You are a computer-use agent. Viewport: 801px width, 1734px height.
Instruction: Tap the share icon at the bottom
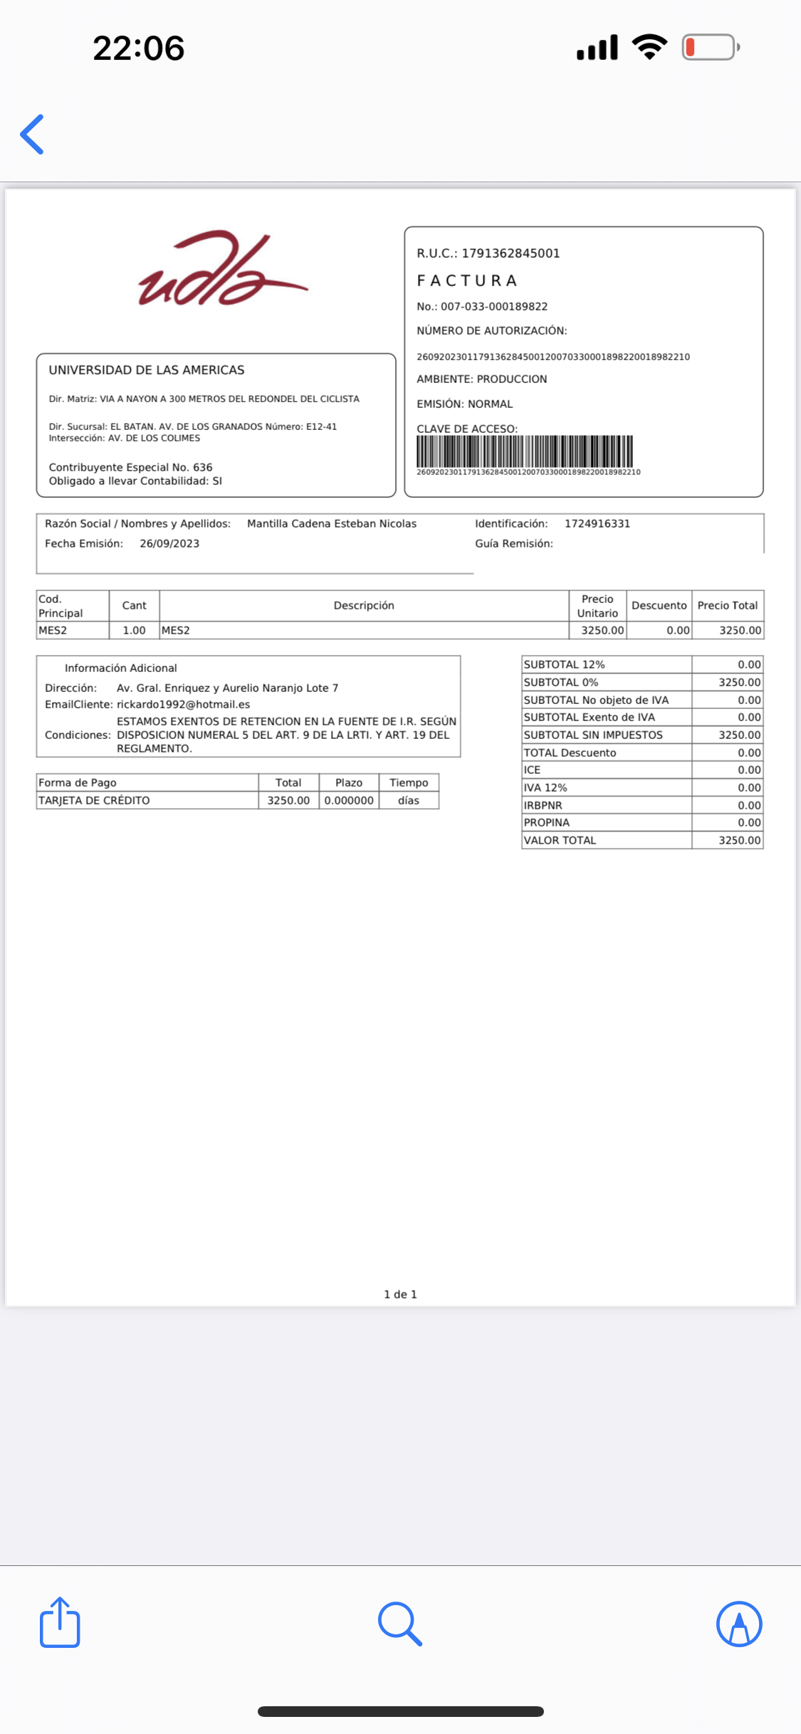click(x=60, y=1623)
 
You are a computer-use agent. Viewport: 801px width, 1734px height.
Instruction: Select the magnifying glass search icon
click(x=400, y=1624)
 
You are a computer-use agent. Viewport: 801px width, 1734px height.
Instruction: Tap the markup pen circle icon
click(x=739, y=1624)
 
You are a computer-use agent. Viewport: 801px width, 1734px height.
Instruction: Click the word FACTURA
click(x=467, y=280)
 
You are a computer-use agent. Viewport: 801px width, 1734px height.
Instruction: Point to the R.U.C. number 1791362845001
click(x=511, y=253)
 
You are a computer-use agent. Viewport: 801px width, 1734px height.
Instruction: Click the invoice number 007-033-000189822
click(x=494, y=307)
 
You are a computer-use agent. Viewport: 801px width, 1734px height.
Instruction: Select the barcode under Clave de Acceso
click(x=525, y=451)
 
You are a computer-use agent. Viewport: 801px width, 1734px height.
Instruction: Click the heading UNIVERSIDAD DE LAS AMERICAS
click(x=147, y=370)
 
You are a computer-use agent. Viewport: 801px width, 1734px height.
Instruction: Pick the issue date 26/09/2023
click(x=169, y=544)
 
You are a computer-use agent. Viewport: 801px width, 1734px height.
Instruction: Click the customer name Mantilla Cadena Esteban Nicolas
click(x=332, y=524)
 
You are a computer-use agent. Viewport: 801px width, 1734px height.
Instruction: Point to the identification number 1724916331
click(x=597, y=524)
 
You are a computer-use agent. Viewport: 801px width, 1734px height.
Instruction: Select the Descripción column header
click(x=364, y=606)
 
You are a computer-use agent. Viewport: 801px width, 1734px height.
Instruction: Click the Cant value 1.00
click(x=134, y=631)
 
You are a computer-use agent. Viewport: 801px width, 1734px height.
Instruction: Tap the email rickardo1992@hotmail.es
click(x=183, y=705)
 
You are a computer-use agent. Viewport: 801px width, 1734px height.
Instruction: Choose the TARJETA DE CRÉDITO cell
click(x=94, y=801)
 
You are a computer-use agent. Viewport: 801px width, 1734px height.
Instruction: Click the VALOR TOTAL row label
click(x=560, y=841)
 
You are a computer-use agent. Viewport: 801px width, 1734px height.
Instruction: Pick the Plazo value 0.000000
click(x=349, y=801)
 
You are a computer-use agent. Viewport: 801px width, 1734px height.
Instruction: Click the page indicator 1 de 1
click(x=400, y=1294)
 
